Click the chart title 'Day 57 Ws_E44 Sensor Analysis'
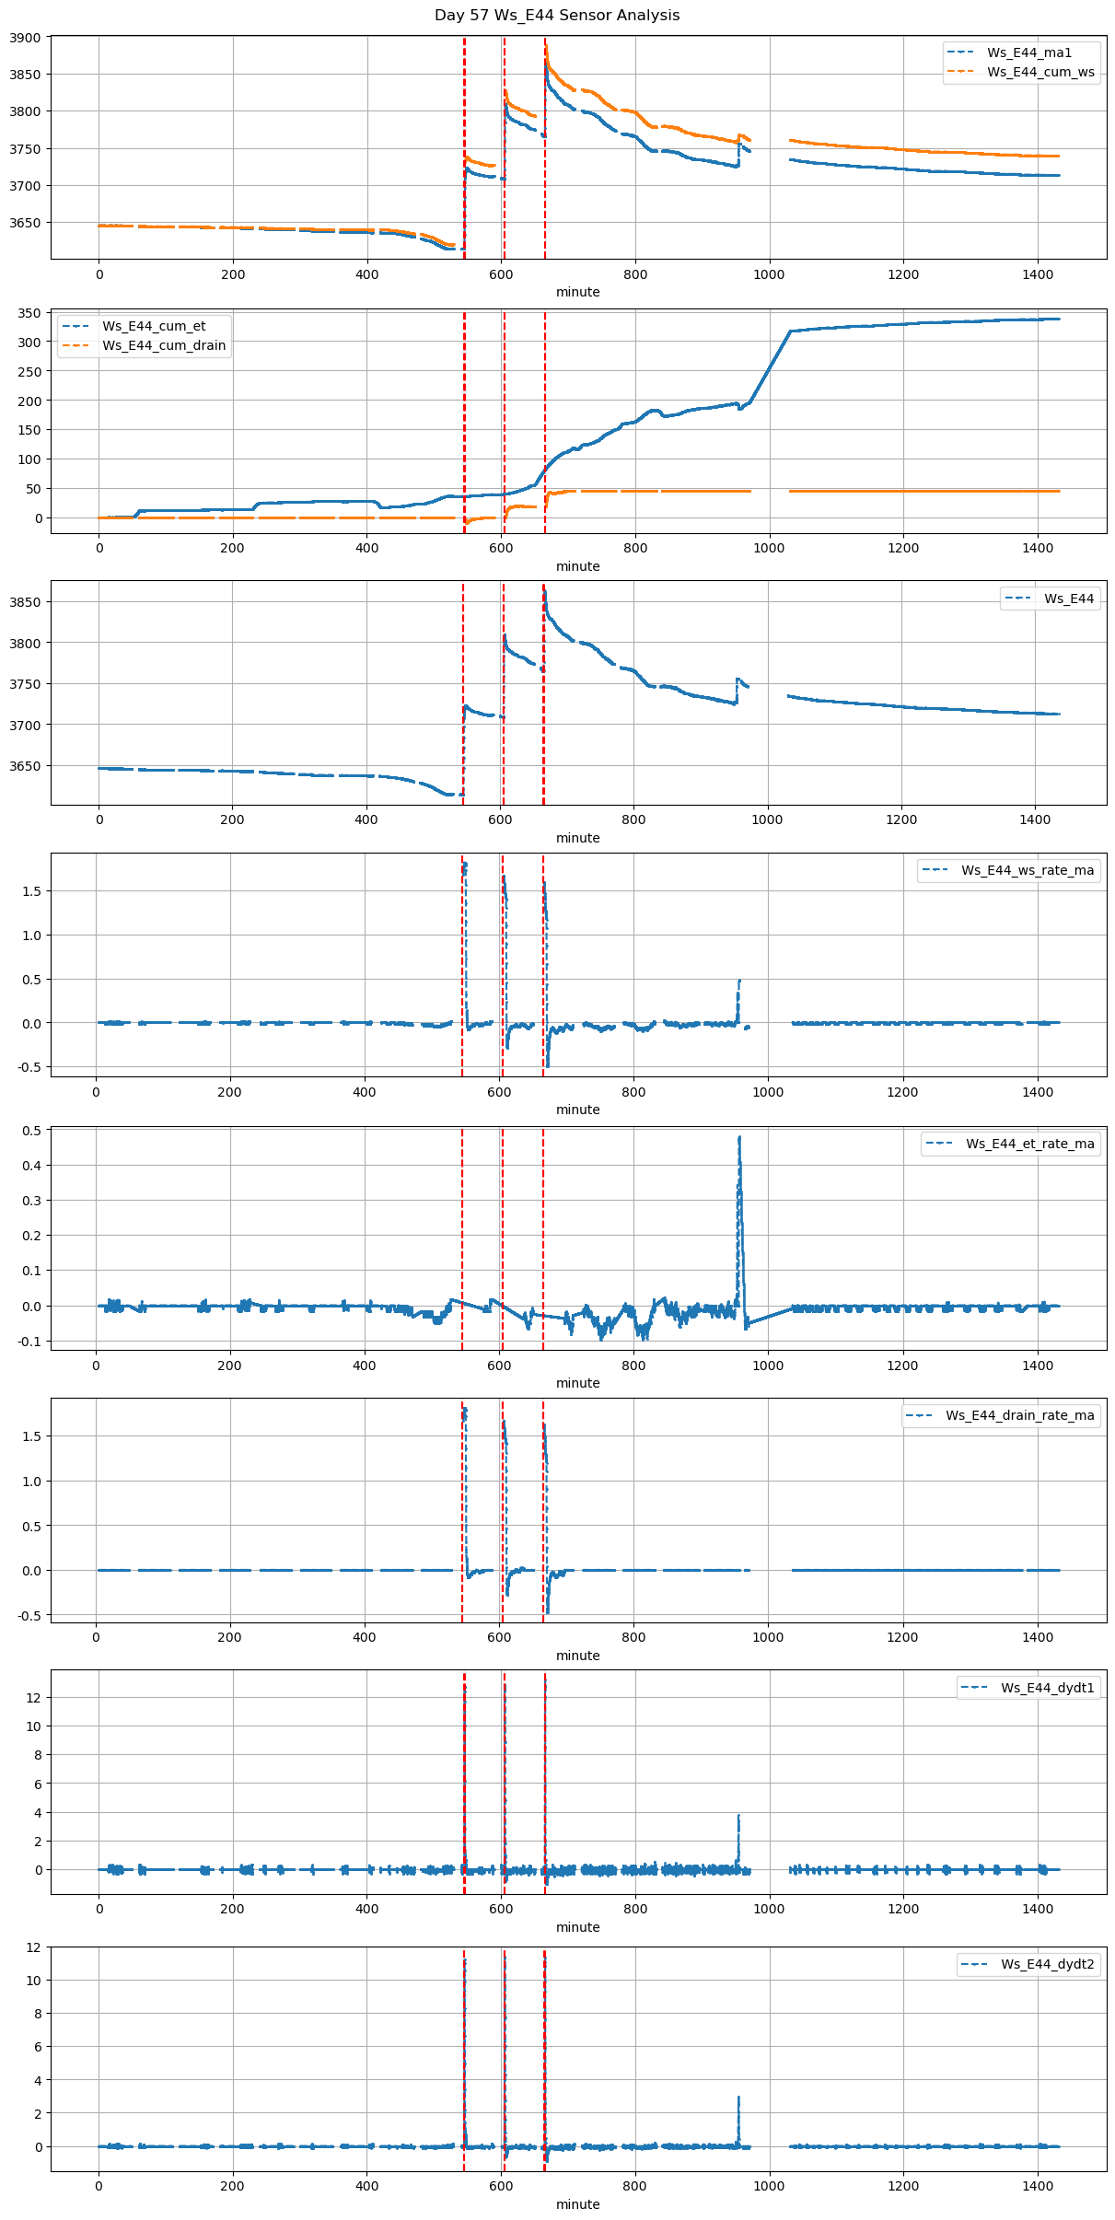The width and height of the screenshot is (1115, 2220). [x=557, y=15]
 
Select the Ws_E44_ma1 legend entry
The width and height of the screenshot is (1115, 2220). [x=1029, y=52]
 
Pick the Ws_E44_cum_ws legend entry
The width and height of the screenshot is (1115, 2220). [x=1040, y=72]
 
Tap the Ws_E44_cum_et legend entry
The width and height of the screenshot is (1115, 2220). [x=154, y=326]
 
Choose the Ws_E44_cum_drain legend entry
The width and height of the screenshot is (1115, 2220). [x=164, y=345]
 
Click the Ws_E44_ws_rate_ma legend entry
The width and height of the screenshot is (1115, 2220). [x=1028, y=870]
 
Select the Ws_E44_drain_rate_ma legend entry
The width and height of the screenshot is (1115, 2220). [x=1020, y=1415]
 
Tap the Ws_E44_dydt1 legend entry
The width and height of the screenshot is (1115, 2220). [x=1048, y=1688]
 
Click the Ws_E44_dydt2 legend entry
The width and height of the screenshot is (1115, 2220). [x=1048, y=1964]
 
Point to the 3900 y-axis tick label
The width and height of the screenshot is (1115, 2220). [x=25, y=38]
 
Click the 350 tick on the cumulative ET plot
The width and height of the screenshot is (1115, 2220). [x=29, y=313]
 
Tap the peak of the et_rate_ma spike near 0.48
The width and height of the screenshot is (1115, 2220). [x=739, y=1137]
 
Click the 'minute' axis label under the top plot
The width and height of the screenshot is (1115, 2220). [x=577, y=292]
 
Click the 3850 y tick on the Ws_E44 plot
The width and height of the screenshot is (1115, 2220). [x=25, y=602]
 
